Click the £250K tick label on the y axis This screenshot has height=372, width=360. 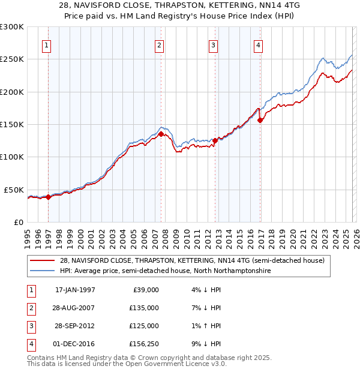coord(12,59)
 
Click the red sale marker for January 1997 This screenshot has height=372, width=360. coord(49,197)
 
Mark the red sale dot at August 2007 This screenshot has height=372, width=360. coord(161,134)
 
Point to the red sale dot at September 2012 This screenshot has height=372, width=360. coord(215,141)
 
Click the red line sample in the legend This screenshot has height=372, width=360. coord(43,260)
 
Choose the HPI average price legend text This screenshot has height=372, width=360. coord(165,271)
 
